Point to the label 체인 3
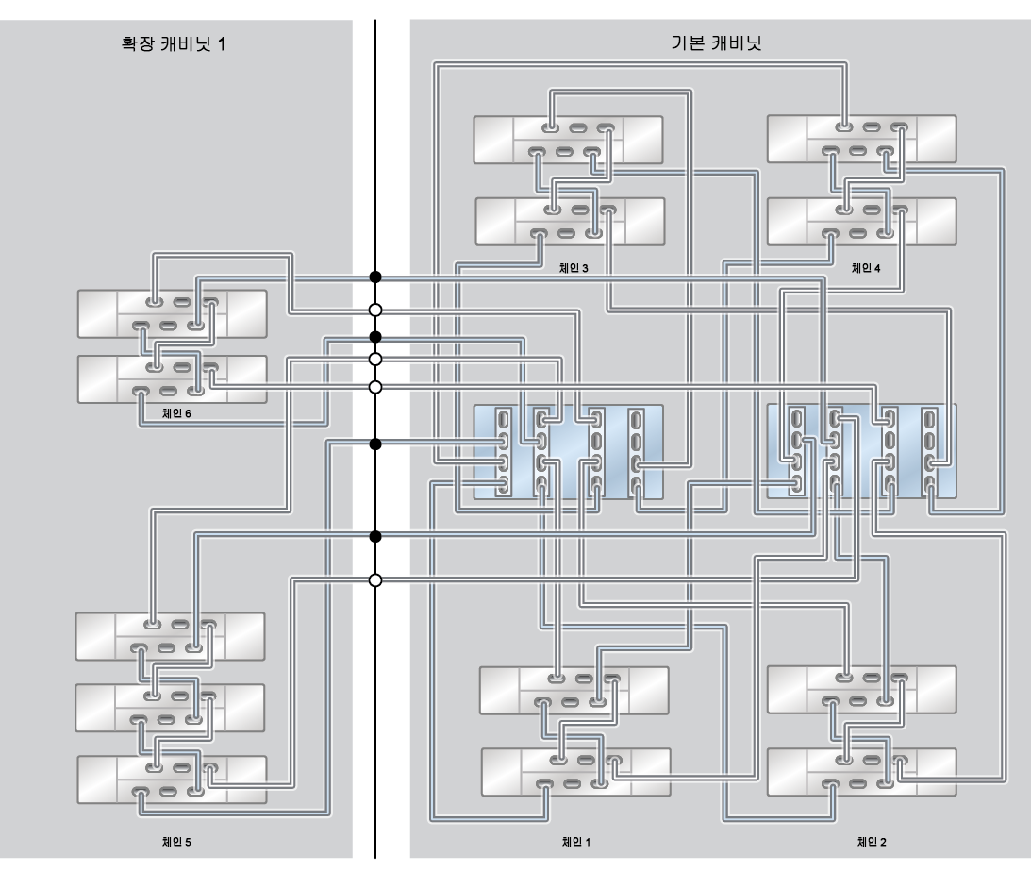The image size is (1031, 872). tap(573, 268)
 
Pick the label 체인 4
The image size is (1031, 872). tap(865, 268)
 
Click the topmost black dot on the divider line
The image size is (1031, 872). tap(375, 277)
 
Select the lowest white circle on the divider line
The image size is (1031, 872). tap(375, 579)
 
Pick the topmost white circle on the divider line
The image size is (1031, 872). tap(375, 310)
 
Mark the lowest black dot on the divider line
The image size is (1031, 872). tap(375, 537)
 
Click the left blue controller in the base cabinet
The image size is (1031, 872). tap(568, 451)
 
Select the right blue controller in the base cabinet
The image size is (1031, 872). tap(861, 451)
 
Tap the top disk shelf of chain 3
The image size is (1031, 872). tap(568, 139)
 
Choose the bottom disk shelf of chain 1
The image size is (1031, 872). tap(575, 772)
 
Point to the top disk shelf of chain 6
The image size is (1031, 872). tap(171, 314)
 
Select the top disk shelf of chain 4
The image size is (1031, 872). tap(861, 139)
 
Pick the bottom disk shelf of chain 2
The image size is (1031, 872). tap(861, 772)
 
